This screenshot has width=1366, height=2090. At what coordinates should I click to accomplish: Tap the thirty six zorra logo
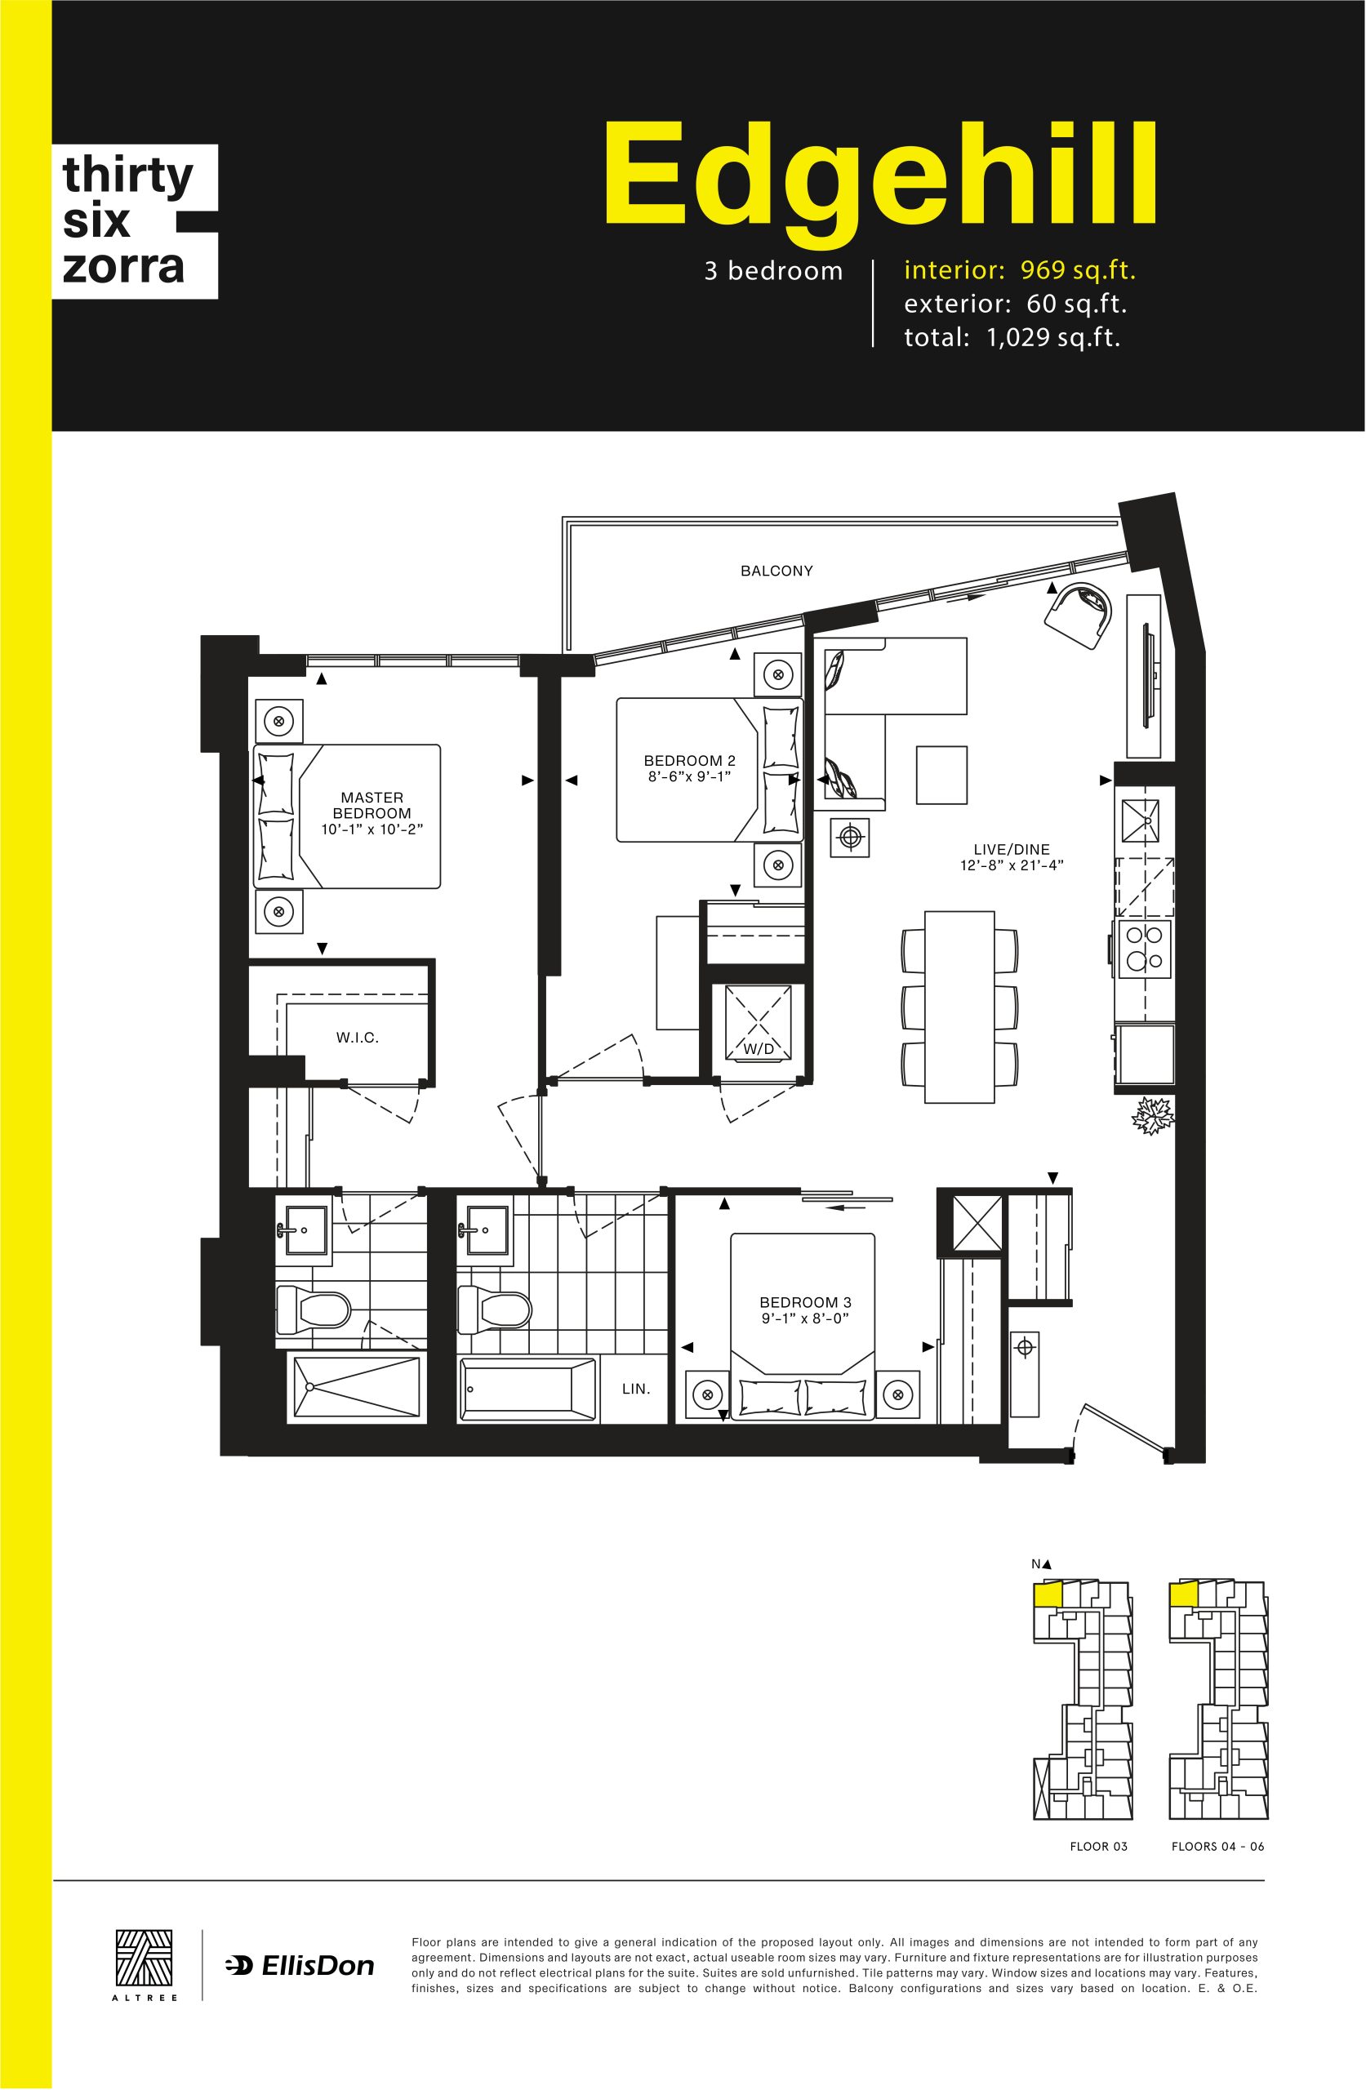coord(135,221)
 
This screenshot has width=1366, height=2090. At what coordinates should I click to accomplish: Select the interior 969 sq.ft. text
coord(1020,270)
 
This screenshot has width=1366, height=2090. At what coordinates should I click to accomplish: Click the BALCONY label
coord(776,571)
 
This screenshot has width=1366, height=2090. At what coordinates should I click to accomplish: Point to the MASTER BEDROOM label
coord(372,805)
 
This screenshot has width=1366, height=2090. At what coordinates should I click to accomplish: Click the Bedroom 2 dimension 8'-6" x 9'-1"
coord(690,776)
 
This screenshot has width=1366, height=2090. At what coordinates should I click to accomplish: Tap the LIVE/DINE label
coord(1011,849)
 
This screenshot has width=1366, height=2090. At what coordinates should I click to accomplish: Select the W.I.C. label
coord(358,1037)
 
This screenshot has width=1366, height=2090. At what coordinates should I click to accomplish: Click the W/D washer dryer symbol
coord(758,1022)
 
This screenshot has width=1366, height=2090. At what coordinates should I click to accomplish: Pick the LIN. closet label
coord(636,1389)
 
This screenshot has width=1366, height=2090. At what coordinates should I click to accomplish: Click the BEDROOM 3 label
coord(805,1302)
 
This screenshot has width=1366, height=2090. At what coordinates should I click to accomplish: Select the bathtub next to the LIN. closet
coord(525,1389)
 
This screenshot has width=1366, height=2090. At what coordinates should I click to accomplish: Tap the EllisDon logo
coord(300,1966)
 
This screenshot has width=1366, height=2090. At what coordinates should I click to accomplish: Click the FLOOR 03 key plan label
coord(1098,1847)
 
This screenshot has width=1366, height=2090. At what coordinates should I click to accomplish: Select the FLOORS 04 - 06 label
coord(1217,1847)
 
